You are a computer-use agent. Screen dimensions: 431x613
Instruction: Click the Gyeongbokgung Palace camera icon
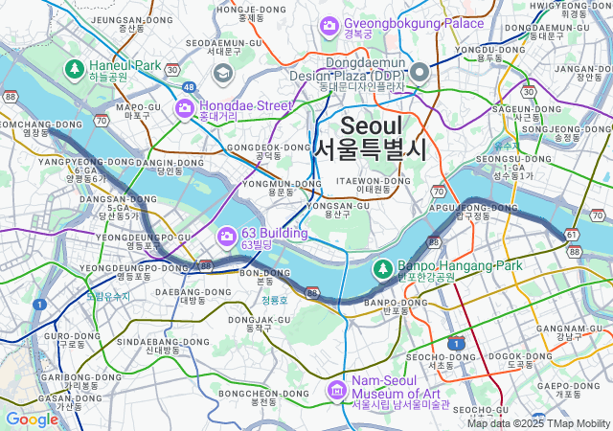pyautogui.click(x=329, y=23)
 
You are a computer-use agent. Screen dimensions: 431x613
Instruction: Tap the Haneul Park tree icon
pyautogui.click(x=75, y=68)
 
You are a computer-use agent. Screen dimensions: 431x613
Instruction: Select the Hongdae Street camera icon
pyautogui.click(x=185, y=108)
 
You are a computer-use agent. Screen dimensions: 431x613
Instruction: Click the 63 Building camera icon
pyautogui.click(x=227, y=236)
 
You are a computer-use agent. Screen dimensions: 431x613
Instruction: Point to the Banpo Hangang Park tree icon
pyautogui.click(x=383, y=267)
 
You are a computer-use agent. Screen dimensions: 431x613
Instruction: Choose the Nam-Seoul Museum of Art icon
pyautogui.click(x=336, y=389)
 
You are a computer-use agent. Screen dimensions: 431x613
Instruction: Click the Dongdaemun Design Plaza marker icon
pyautogui.click(x=420, y=71)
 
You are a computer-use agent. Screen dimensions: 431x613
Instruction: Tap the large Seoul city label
pyautogui.click(x=370, y=137)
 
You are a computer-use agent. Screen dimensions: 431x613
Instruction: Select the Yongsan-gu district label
pyautogui.click(x=333, y=205)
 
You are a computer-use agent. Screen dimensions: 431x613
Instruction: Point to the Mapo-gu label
pyautogui.click(x=138, y=106)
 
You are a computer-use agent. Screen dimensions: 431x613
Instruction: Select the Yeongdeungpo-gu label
pyautogui.click(x=144, y=237)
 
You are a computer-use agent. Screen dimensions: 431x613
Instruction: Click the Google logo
pyautogui.click(x=32, y=419)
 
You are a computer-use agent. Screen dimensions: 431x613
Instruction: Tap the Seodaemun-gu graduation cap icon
pyautogui.click(x=222, y=73)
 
